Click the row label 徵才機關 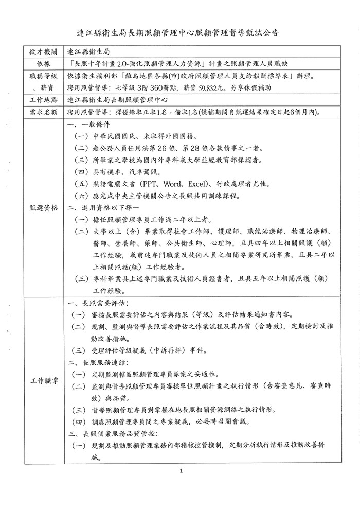[x=43, y=52]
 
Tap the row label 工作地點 [x=43, y=100]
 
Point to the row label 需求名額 [x=43, y=112]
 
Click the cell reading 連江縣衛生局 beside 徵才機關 [x=87, y=52]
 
